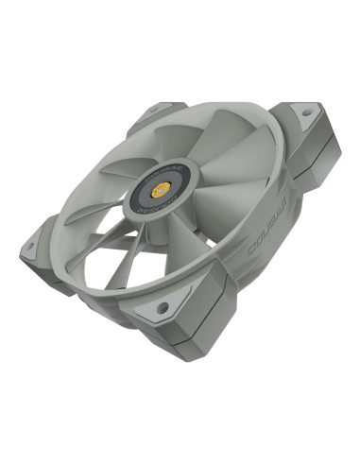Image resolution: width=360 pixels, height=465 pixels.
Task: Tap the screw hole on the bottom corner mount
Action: [163, 307]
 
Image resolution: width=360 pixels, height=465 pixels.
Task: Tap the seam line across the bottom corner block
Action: [184, 336]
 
